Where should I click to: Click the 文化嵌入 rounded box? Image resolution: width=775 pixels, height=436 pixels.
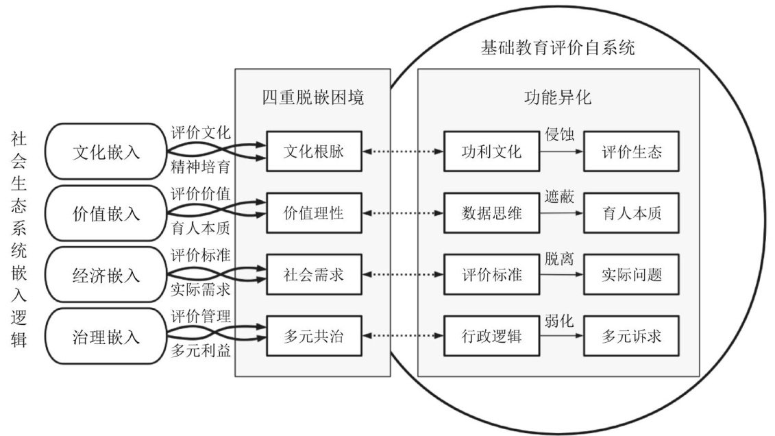coord(106,152)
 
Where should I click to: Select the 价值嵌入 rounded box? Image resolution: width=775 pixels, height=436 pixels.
coord(106,213)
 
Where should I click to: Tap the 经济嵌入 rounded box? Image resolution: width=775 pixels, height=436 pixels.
coord(106,275)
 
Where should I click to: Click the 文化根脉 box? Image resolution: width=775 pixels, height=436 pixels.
coord(313,152)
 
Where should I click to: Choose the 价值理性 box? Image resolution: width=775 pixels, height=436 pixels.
coord(313,213)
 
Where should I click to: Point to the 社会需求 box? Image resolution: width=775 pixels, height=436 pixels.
coord(313,275)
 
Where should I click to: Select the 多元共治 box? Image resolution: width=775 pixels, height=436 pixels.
coord(313,337)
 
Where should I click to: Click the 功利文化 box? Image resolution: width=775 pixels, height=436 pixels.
coord(491,152)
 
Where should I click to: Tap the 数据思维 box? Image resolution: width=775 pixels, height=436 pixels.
coord(491,213)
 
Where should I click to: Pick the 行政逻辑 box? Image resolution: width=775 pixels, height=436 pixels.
coord(491,337)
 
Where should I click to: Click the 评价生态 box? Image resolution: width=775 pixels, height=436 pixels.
coord(632,152)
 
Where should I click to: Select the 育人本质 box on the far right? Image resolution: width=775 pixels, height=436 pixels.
coord(632,213)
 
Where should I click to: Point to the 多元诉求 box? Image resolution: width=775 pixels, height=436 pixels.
coord(632,337)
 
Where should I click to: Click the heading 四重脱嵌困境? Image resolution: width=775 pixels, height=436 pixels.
coord(312,97)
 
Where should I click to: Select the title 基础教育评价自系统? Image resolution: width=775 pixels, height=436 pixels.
coord(558,49)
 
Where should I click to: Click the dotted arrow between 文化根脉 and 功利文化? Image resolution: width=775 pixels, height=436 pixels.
coord(402,152)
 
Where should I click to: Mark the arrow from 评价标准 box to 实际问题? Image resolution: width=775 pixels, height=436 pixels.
coord(561,275)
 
